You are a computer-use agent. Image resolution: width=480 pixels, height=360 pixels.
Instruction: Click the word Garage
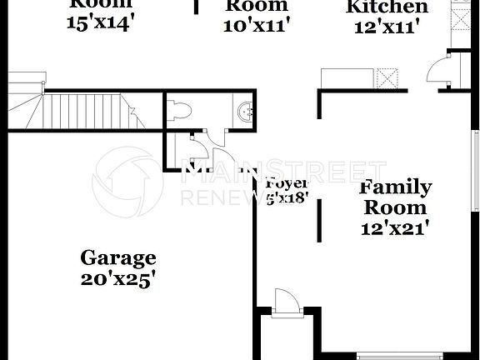pos(117,257)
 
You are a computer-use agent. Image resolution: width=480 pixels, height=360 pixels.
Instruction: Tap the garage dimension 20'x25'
pos(117,281)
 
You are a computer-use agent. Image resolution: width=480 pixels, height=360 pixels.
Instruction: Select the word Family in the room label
pos(395,187)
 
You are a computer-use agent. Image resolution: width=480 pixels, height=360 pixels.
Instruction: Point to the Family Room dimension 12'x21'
pos(395,227)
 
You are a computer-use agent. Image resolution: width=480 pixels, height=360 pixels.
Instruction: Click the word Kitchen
pos(387,7)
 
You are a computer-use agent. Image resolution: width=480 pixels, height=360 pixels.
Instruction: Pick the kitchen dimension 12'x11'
pos(387,27)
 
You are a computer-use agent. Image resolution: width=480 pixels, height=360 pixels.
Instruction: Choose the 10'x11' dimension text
pos(256,26)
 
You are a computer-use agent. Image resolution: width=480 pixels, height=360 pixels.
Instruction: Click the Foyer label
pos(286,183)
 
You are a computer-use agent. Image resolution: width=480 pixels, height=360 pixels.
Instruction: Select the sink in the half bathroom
pos(244,111)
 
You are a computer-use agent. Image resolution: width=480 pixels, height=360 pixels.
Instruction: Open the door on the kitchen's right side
pos(438,73)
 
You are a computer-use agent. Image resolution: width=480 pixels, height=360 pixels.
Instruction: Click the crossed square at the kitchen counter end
pos(387,78)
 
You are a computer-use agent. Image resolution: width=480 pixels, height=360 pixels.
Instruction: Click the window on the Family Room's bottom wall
pos(400,357)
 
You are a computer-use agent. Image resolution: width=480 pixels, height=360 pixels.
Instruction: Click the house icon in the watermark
pos(126,182)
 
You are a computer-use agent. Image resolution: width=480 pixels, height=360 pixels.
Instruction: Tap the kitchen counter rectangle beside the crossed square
pos(348,78)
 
